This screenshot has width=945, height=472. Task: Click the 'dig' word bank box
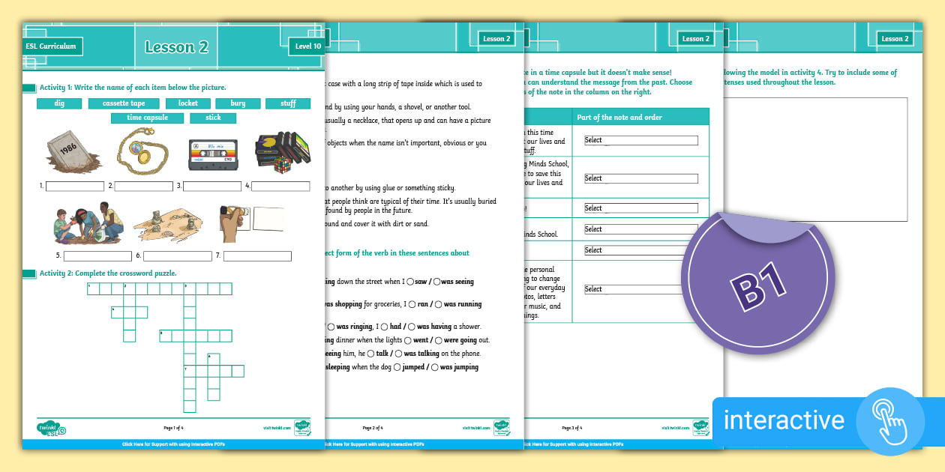(x=58, y=103)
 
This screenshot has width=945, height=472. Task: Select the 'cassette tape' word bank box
(x=124, y=103)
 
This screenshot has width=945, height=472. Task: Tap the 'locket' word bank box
(x=188, y=103)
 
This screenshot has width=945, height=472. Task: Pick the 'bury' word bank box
(x=238, y=103)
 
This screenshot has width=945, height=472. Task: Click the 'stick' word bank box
(x=213, y=118)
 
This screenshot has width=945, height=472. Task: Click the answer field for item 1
(x=75, y=186)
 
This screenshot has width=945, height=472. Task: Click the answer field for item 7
(x=257, y=256)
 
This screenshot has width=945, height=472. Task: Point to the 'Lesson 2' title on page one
(x=176, y=47)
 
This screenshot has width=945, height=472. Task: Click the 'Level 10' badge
(x=307, y=46)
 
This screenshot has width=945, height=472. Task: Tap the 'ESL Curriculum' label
(x=51, y=46)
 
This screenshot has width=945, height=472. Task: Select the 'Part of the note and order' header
(x=619, y=117)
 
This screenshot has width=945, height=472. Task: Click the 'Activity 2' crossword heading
(x=107, y=273)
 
